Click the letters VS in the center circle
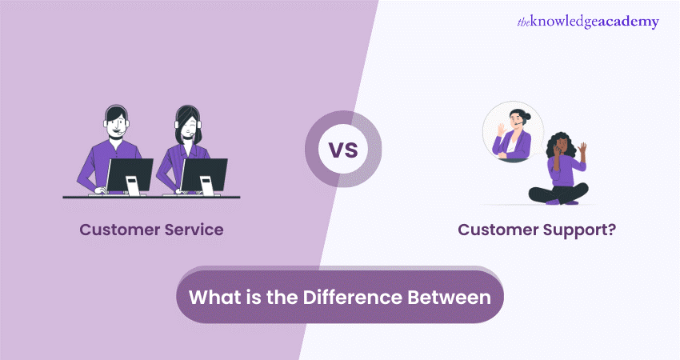[x=343, y=150]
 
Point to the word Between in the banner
[x=450, y=298]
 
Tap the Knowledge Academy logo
[x=588, y=22]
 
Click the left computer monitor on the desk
[x=130, y=174]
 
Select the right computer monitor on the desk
[x=204, y=174]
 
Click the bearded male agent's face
[x=116, y=125]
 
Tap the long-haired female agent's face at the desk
[x=188, y=126]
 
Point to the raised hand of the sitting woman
[x=583, y=149]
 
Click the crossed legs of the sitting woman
[x=558, y=194]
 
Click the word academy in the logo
[x=628, y=22]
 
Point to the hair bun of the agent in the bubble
[x=526, y=116]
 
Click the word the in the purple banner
[x=282, y=298]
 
